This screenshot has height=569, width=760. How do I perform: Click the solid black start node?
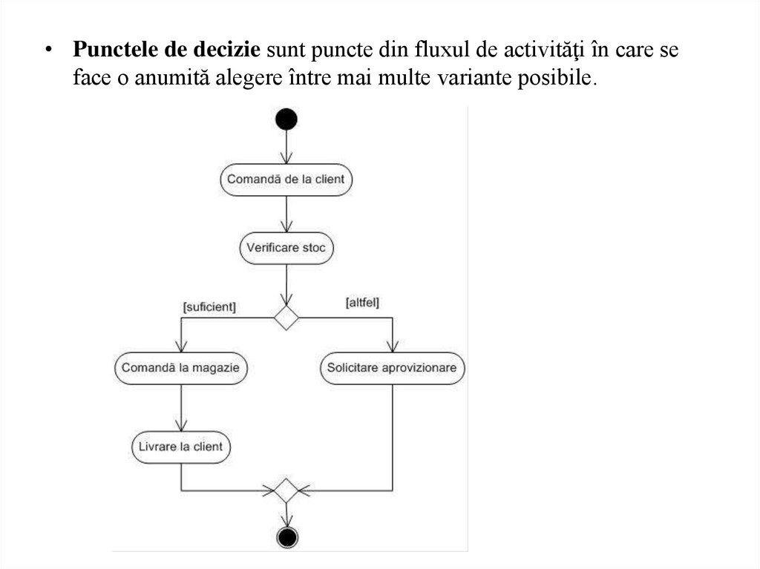[x=286, y=119]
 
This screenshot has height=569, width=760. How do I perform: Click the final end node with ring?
[x=286, y=536]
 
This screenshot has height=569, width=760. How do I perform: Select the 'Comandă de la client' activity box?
[x=286, y=180]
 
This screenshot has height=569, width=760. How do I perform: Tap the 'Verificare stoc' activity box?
[x=286, y=248]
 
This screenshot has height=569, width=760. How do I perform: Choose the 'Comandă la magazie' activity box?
[x=181, y=367]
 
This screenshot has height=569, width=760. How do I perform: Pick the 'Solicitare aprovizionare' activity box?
[x=392, y=367]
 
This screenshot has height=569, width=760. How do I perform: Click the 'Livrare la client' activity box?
[x=181, y=447]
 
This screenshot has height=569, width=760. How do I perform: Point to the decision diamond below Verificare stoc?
[x=286, y=317]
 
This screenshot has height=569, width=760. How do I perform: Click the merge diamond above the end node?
[x=286, y=490]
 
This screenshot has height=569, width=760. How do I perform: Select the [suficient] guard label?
[x=209, y=306]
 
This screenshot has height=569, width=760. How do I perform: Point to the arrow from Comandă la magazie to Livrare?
[x=181, y=408]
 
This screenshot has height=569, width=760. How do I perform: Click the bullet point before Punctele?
[x=48, y=51]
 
